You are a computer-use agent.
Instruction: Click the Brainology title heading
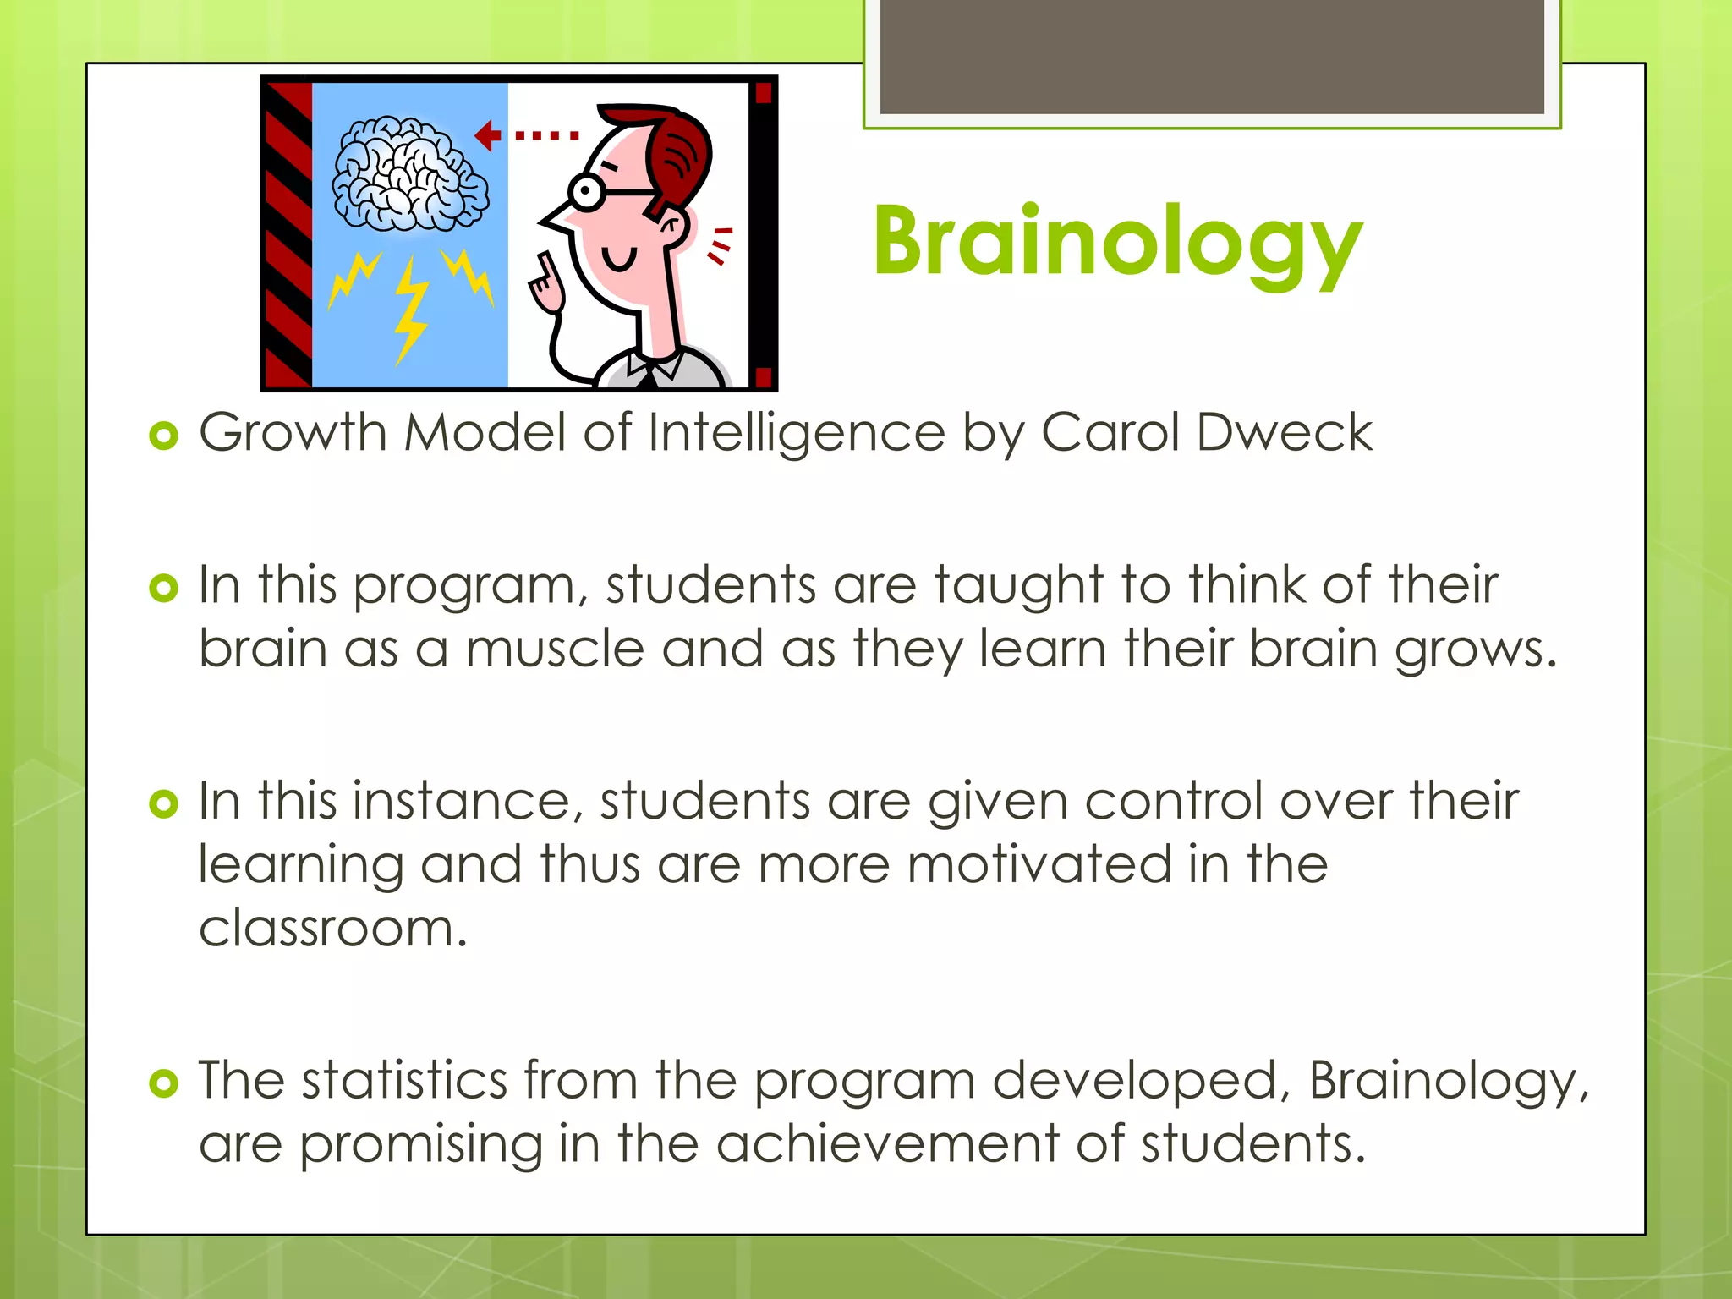tap(1116, 243)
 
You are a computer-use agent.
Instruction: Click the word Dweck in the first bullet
tap(1284, 433)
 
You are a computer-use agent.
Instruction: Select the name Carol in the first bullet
tap(1110, 433)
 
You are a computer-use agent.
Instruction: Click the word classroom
tap(332, 929)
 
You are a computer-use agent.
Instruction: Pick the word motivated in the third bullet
tap(1039, 865)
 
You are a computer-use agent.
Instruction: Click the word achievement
tap(887, 1144)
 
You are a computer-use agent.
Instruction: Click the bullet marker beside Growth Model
tap(163, 436)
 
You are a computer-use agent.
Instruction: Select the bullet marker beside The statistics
tap(163, 1083)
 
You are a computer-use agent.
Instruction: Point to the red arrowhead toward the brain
tap(486, 135)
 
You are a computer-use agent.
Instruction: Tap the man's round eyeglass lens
tap(584, 192)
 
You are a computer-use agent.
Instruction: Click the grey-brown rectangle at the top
tap(1211, 58)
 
